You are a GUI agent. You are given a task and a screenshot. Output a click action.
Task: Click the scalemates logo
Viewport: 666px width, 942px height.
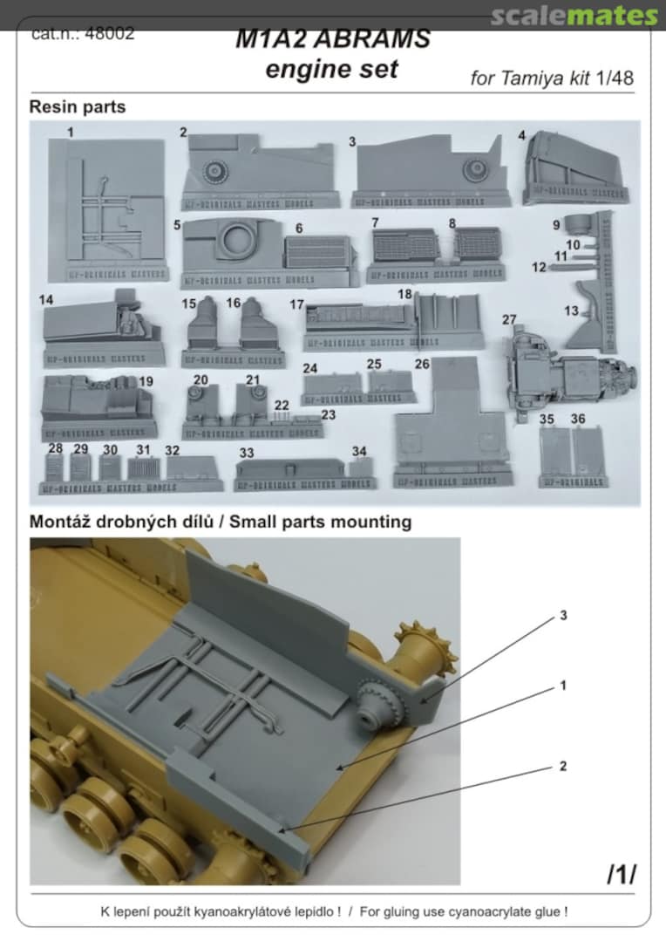[574, 16]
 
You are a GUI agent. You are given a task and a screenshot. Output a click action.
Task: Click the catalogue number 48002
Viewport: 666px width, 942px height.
[113, 34]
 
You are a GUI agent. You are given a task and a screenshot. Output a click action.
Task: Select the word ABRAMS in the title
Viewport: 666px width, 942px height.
[384, 39]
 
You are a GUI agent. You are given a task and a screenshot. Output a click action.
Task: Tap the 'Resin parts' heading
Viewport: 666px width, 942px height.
[78, 106]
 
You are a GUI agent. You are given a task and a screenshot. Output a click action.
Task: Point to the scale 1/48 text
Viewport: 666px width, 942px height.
[615, 78]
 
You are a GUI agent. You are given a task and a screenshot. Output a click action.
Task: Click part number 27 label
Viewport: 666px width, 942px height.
[509, 320]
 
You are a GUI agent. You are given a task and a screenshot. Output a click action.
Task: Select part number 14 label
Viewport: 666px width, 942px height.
[46, 299]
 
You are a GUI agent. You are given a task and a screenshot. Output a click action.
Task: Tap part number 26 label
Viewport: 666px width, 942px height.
[423, 363]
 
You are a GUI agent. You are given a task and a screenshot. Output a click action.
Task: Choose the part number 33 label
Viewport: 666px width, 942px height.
[247, 453]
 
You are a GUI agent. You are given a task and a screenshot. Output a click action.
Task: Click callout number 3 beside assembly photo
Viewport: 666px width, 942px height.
[563, 616]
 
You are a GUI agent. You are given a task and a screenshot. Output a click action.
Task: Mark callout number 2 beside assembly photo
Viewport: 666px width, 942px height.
[563, 766]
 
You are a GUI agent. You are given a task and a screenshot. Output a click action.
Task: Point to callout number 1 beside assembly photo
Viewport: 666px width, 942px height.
[563, 686]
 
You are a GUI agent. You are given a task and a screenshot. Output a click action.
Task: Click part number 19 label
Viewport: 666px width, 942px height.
[146, 382]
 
